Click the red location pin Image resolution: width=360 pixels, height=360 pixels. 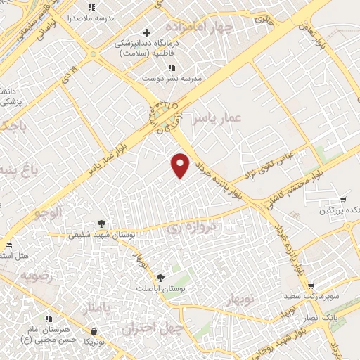pos(181,165)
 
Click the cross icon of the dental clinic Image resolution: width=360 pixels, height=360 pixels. pos(146,32)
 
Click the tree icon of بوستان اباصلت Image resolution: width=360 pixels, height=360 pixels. pos(160,278)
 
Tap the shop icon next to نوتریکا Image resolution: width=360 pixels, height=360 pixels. pos(94,331)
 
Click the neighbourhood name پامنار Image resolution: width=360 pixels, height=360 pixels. pos(97,308)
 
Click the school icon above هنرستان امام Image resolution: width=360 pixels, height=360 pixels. pos(48,319)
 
